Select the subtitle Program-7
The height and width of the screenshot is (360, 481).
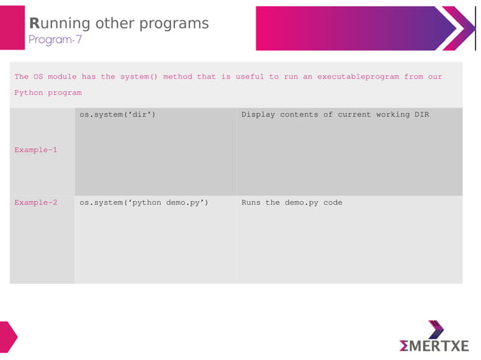55,40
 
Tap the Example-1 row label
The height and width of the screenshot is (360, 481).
35,150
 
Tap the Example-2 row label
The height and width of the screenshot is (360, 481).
35,203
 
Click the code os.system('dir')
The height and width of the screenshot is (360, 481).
118,115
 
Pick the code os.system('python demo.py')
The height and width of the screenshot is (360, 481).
144,203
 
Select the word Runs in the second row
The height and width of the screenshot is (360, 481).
251,203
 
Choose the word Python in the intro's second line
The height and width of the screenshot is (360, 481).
28,93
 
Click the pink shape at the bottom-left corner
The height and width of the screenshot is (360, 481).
8,337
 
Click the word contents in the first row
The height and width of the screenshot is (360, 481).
304,115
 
